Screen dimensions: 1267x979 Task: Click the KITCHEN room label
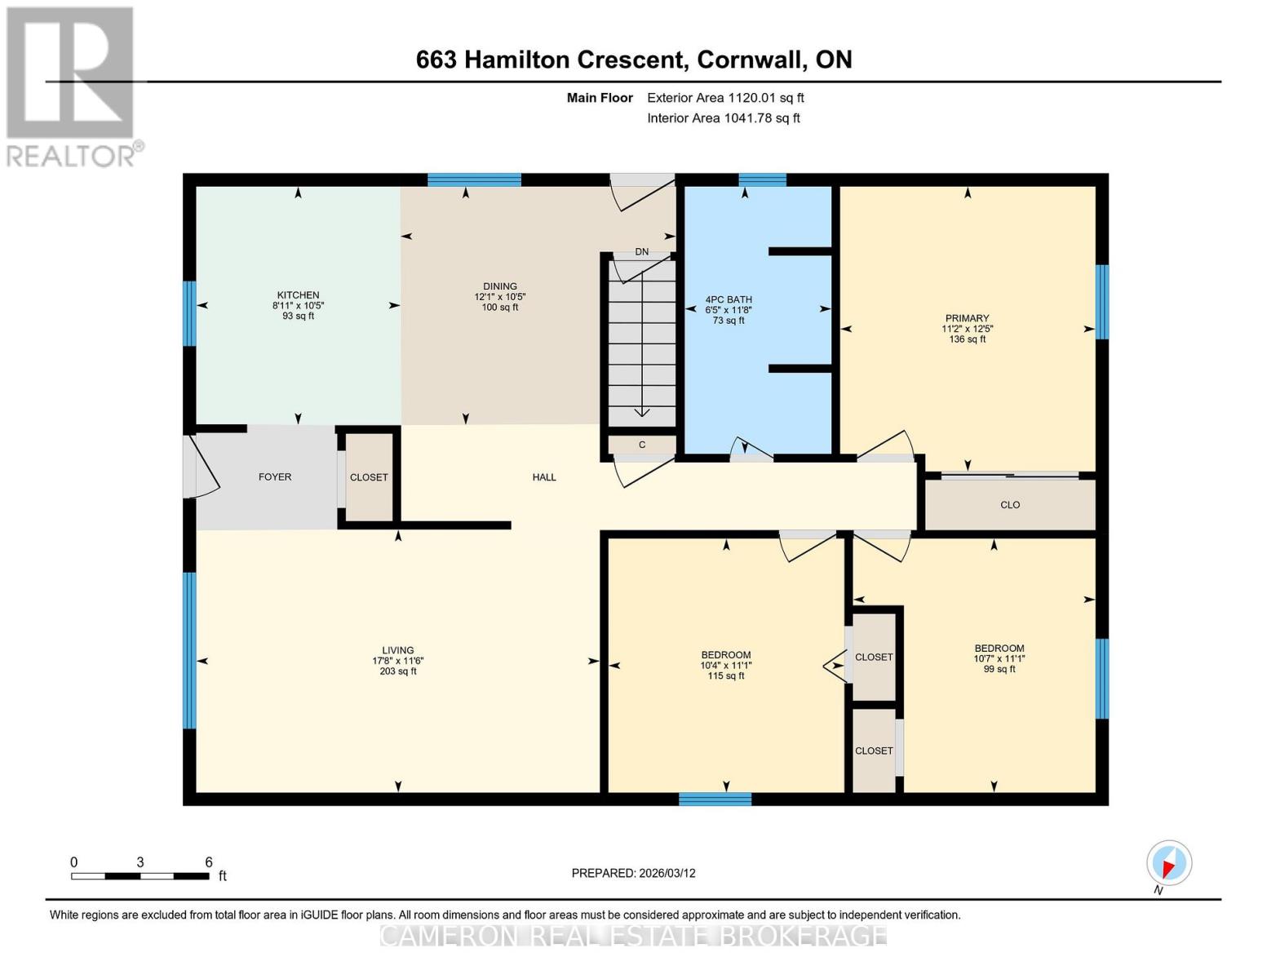coord(298,295)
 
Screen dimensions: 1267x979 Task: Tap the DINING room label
coord(499,286)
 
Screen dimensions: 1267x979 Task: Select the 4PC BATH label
coord(729,299)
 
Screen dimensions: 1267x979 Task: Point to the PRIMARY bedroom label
coord(968,318)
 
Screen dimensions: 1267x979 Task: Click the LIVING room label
coord(397,650)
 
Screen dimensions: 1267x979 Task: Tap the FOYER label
coord(275,477)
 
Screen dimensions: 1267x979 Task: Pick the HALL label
coord(544,477)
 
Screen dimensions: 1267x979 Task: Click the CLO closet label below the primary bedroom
coord(1010,505)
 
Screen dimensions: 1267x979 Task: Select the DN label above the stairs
coord(641,252)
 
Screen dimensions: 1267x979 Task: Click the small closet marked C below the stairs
coord(642,445)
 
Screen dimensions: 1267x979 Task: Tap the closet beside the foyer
coord(369,477)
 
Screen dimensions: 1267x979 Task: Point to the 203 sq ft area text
coord(397,671)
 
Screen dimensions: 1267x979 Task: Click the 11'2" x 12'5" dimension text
coord(968,329)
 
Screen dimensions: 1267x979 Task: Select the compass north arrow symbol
coord(1169,863)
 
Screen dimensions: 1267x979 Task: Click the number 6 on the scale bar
coord(208,862)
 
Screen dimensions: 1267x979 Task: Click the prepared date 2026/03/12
coord(667,873)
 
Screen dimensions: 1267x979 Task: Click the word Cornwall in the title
coord(748,60)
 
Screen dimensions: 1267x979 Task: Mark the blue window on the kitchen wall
coord(189,314)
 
